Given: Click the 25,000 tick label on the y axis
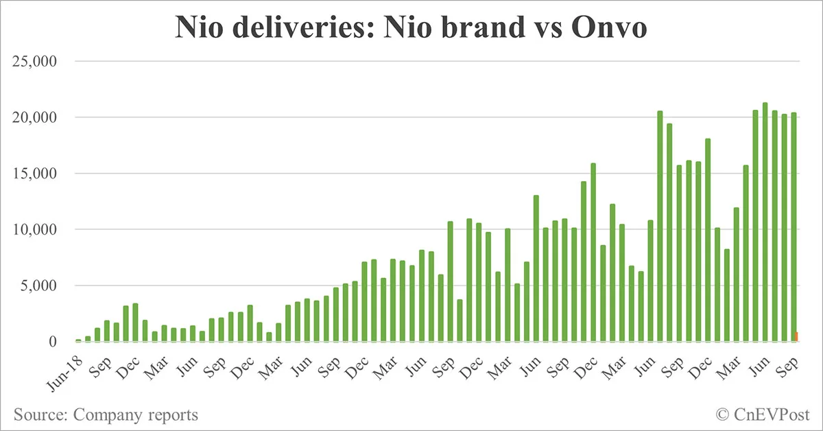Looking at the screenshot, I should (x=34, y=62).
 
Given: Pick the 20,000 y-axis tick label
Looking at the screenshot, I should (x=34, y=117).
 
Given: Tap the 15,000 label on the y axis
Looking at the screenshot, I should (x=34, y=174).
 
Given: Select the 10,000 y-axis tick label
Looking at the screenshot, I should (x=34, y=229).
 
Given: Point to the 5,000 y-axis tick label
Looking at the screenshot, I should (x=38, y=286).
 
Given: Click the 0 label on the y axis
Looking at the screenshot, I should (x=52, y=342).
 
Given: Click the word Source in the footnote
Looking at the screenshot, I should (x=38, y=415).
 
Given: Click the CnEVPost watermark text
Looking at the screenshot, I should (x=772, y=415).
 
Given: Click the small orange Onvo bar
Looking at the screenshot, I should (x=797, y=336).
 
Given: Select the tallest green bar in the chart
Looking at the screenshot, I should (x=765, y=222).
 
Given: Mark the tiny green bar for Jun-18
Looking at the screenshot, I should (x=78, y=340).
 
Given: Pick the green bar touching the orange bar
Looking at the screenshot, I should (x=794, y=226).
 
